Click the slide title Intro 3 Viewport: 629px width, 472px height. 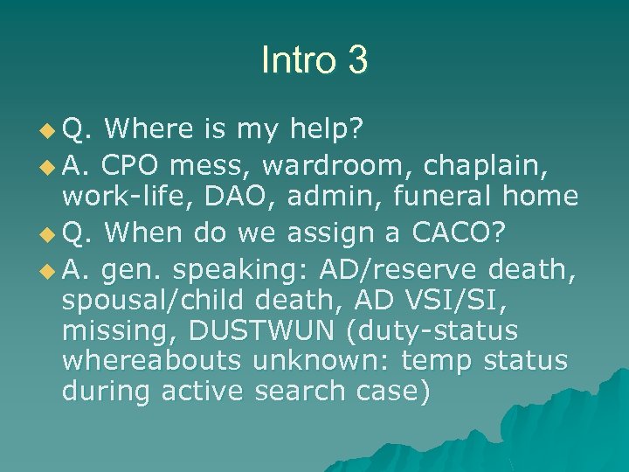[314, 60]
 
